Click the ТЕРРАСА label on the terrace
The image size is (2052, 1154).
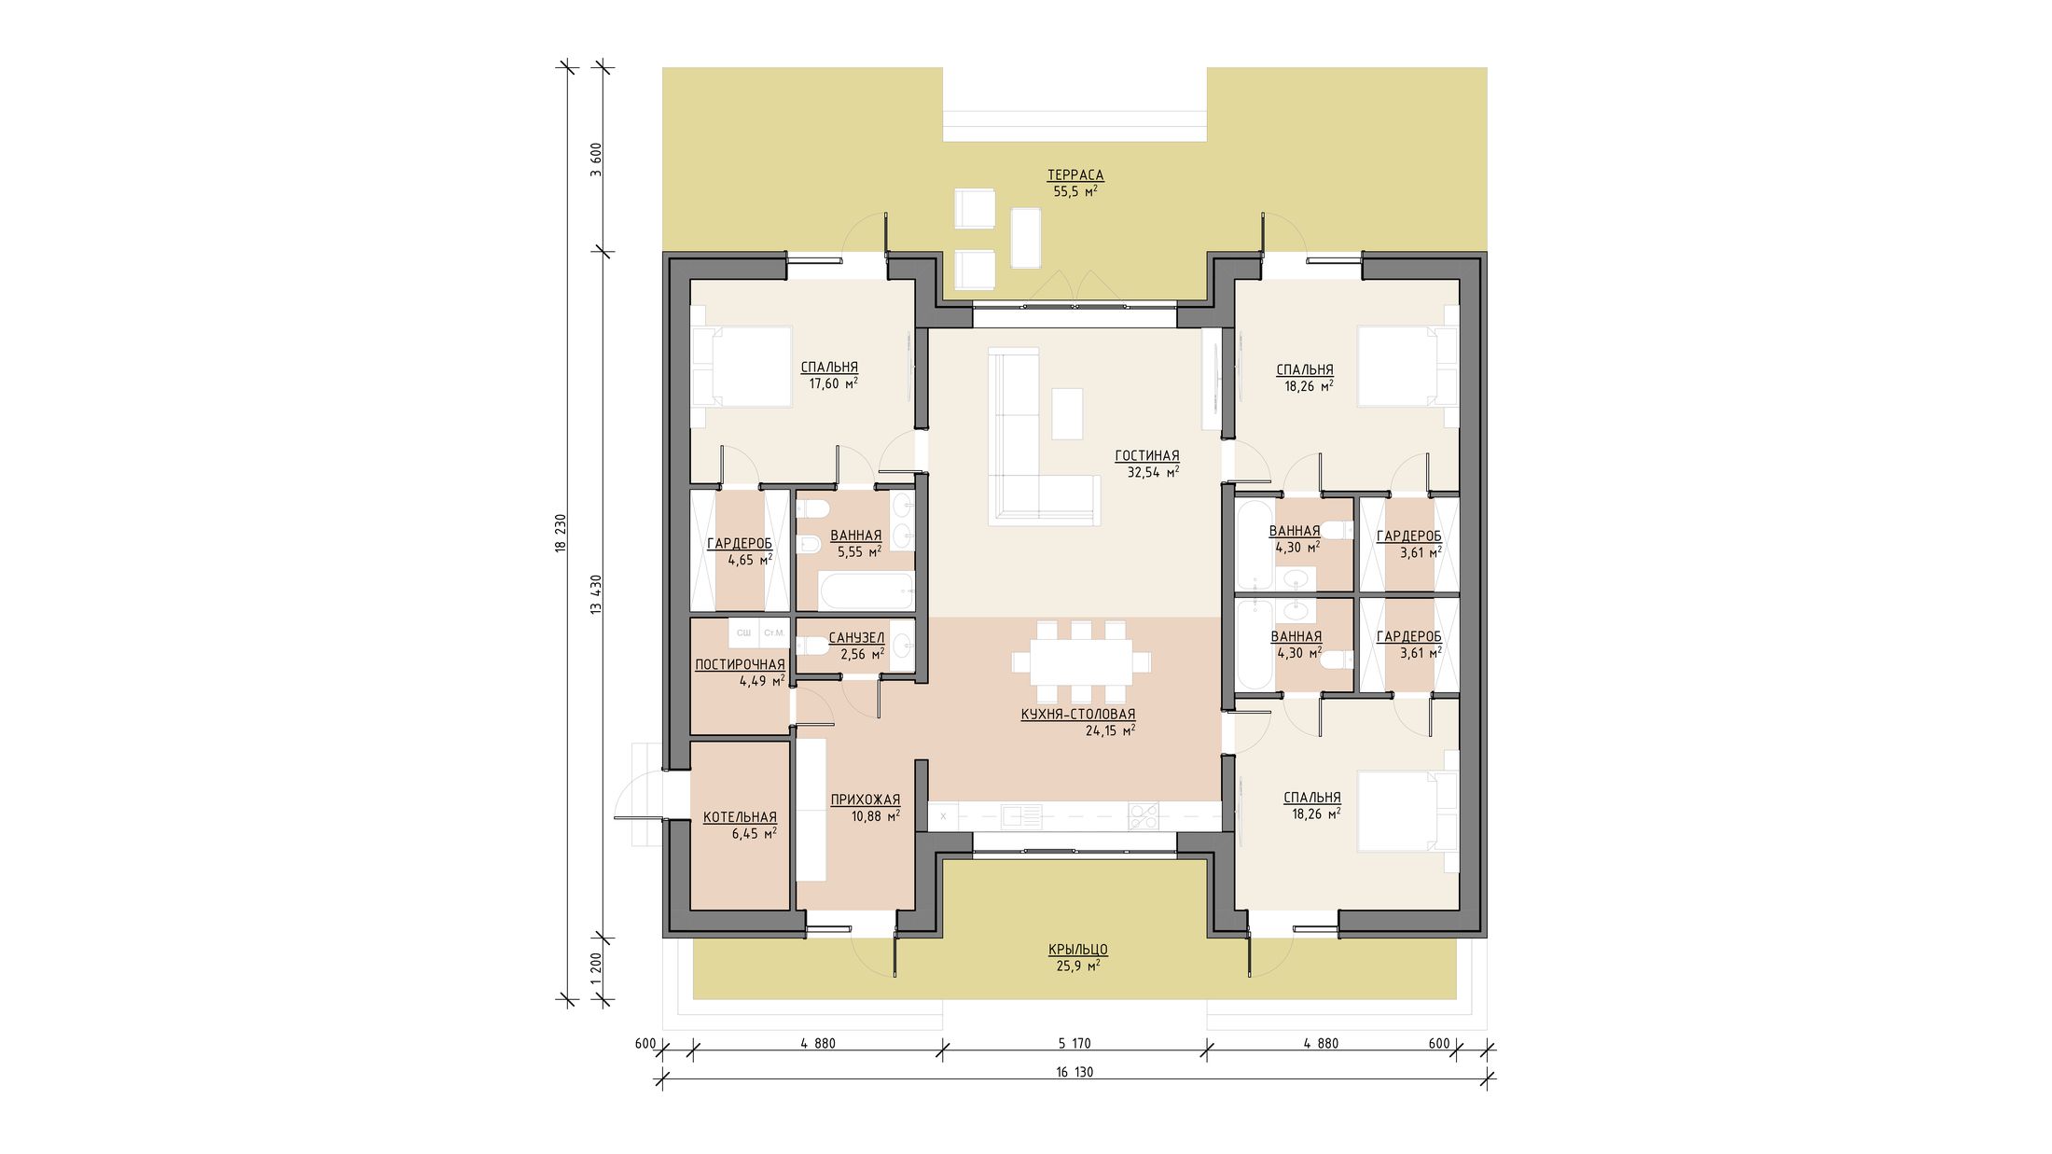1075,175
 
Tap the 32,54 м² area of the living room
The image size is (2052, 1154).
1153,473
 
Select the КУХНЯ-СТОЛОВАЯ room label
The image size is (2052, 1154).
1078,715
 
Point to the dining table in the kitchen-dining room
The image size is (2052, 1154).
1082,662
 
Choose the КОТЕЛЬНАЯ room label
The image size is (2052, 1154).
740,817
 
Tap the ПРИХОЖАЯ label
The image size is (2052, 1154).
866,799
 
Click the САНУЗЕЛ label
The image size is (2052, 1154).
856,638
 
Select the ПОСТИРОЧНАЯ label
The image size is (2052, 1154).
740,665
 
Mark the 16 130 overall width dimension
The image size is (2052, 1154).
1075,1072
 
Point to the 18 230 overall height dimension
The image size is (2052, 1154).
561,533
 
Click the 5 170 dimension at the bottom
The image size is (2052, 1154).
1075,1044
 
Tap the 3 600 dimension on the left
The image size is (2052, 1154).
596,160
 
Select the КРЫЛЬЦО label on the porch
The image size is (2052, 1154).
1078,950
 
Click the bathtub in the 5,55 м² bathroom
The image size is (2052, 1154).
866,591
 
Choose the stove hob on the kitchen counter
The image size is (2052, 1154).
1144,816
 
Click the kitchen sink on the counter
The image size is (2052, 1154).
1022,816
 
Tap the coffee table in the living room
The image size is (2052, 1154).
1068,413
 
